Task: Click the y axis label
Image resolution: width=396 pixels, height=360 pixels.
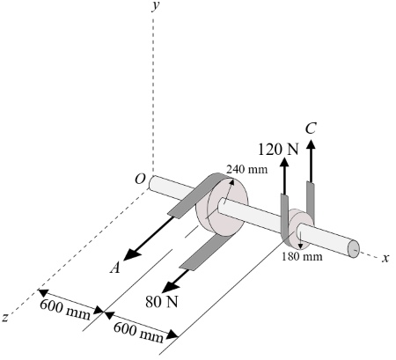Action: (x=155, y=6)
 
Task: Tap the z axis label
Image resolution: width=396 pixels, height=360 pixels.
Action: (x=6, y=318)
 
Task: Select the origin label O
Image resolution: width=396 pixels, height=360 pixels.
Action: (x=140, y=179)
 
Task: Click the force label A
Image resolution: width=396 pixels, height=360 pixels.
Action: (x=114, y=269)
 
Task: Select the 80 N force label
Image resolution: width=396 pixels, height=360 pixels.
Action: (x=163, y=301)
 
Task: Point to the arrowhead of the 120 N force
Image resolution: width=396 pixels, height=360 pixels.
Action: (x=283, y=164)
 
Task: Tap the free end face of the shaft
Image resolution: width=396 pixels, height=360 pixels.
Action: (x=355, y=249)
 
